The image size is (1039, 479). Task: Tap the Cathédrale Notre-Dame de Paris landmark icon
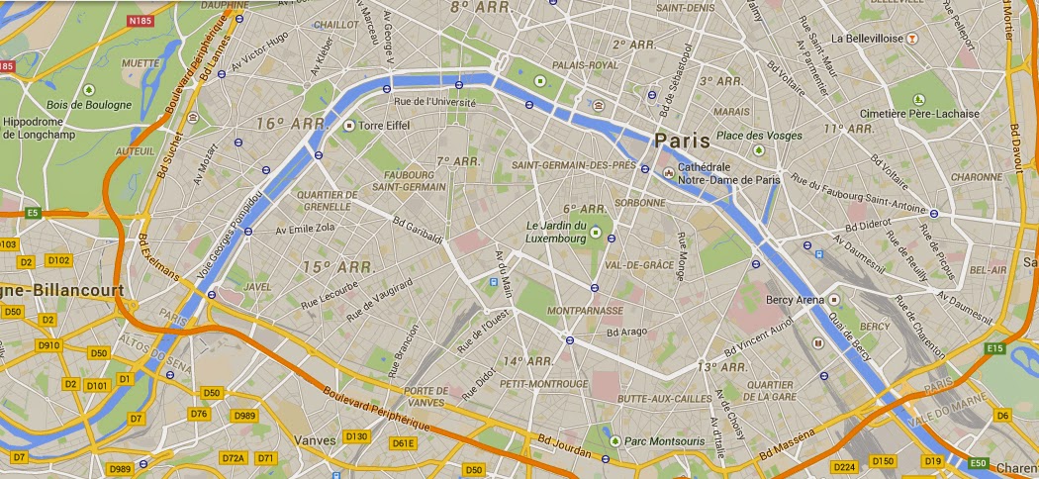(x=668, y=174)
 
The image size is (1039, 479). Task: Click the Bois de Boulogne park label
(x=89, y=105)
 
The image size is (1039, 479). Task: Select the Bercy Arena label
(x=797, y=300)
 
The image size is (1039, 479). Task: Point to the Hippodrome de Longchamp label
(x=47, y=128)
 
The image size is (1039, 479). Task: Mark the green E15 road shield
(x=995, y=348)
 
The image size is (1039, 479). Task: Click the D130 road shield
(x=356, y=435)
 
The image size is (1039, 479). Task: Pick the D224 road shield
(x=844, y=465)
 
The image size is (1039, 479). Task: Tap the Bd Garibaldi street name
(x=417, y=230)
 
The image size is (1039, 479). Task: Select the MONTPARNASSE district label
(x=585, y=310)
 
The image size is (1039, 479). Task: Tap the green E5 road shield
(x=33, y=212)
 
